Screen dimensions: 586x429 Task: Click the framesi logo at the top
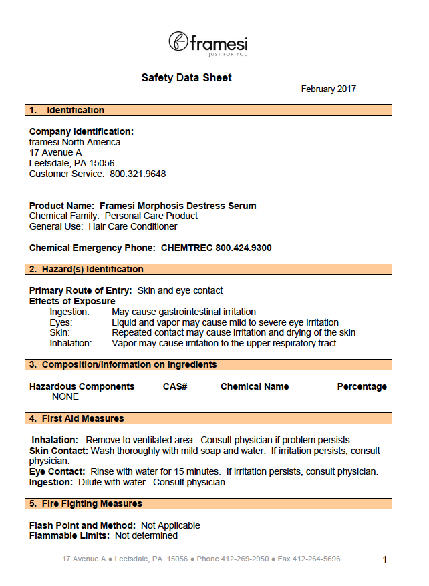[x=208, y=43]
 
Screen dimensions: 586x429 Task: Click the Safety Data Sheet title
[x=186, y=78]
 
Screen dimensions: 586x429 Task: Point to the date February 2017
[x=328, y=89]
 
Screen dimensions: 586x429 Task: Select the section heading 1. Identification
[x=67, y=110]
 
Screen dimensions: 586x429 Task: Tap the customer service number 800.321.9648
[x=138, y=174]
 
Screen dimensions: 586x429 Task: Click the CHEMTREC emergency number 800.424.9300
[x=243, y=248]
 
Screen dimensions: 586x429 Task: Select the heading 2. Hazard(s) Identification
[x=86, y=270]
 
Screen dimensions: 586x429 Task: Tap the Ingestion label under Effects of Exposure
[x=69, y=312]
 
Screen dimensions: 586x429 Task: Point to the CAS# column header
[x=174, y=387]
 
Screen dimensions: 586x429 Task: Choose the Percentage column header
[x=362, y=387]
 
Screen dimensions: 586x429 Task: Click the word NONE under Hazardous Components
[x=65, y=397]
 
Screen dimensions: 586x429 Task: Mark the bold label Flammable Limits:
[x=69, y=536]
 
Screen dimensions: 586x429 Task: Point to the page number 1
[x=384, y=560]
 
